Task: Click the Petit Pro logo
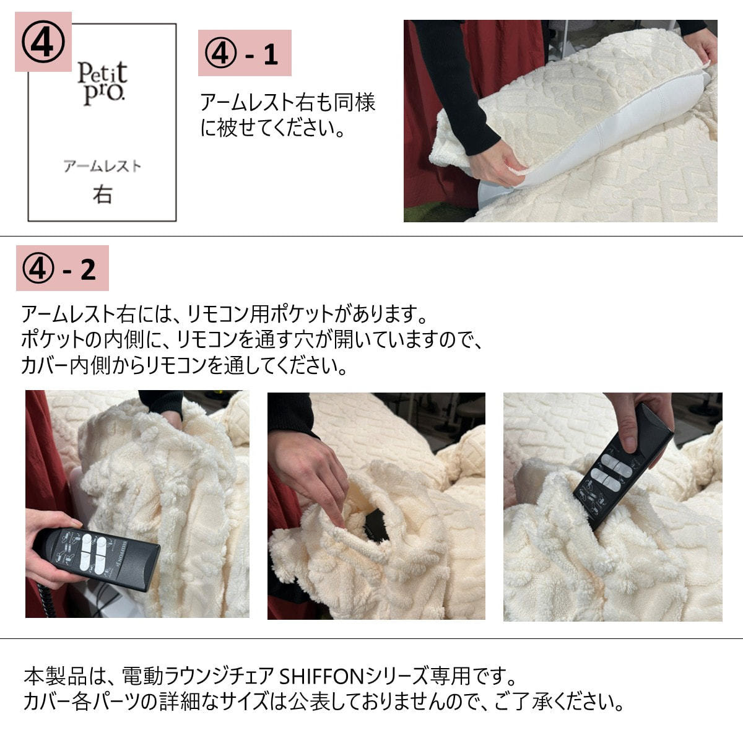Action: (102, 84)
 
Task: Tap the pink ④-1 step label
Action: (245, 53)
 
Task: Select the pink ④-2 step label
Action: (62, 268)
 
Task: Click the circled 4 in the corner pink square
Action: (43, 41)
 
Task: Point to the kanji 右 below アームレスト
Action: (102, 194)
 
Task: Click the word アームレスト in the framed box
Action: (102, 166)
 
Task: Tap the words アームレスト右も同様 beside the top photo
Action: (288, 103)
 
